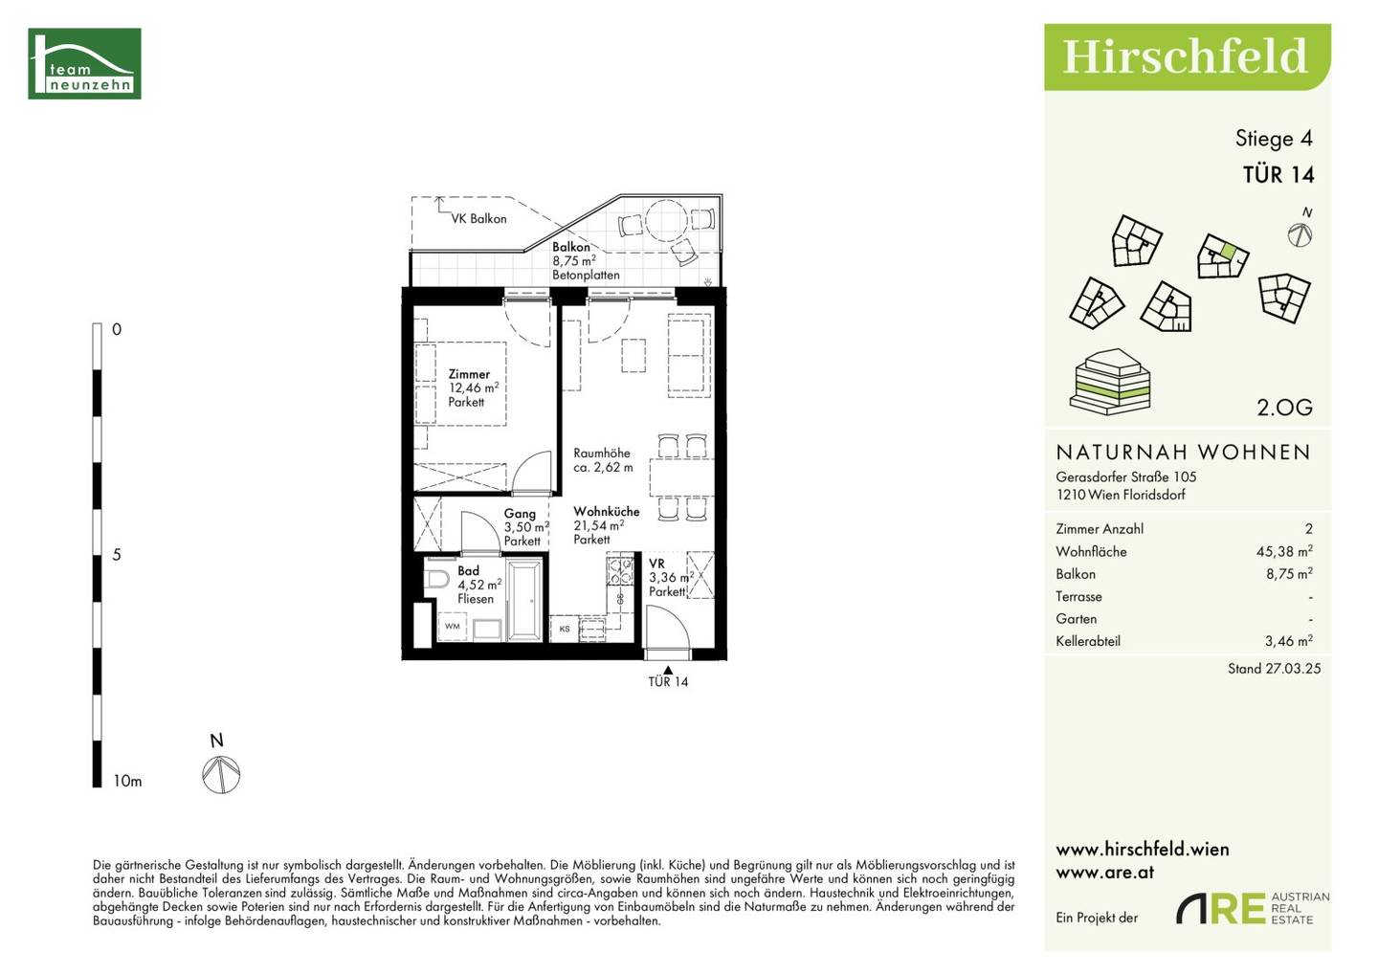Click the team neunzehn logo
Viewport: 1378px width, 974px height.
coord(84,63)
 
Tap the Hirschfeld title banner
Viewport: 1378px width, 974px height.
coord(1188,57)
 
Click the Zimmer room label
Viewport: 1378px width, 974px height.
coord(469,374)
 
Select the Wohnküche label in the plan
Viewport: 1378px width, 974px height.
coord(607,511)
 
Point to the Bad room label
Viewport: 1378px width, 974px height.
coord(468,570)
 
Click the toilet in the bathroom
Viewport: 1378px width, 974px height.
coord(437,579)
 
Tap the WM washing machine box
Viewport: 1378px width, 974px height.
coord(452,627)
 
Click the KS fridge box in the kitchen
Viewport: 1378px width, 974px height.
coord(565,629)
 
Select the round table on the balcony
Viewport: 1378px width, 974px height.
coord(666,220)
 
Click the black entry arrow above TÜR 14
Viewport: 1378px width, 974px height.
coord(668,670)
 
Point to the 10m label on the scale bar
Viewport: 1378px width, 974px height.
coord(127,781)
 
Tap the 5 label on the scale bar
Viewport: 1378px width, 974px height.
coord(117,555)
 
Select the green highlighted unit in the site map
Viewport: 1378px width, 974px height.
coord(1227,251)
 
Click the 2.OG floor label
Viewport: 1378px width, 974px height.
coord(1284,408)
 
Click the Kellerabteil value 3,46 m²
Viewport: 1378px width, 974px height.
coord(1289,641)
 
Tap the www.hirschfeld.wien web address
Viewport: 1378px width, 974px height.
coord(1143,850)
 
